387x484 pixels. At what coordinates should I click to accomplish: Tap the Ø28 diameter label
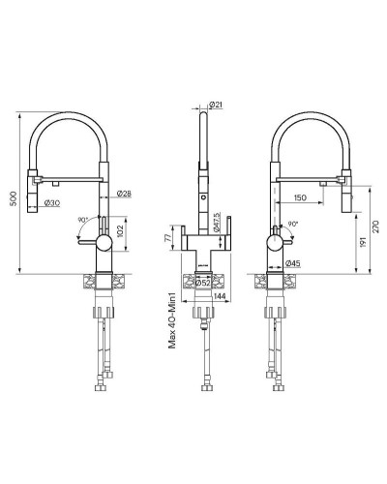pos(124,195)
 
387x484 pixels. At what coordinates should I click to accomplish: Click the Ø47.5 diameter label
pos(218,221)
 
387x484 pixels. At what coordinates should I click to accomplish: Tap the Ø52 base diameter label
pos(206,283)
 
